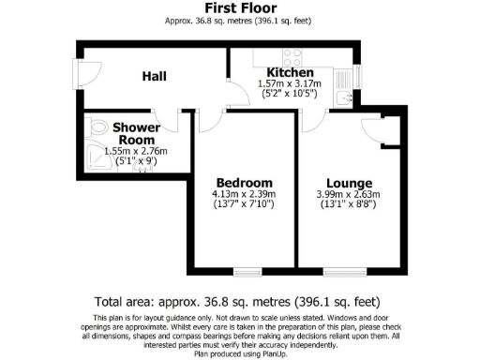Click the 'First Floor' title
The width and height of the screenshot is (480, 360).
239,7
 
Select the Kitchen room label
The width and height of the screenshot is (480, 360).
290,73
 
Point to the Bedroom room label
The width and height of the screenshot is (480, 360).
244,182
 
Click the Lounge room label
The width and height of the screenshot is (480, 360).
350,182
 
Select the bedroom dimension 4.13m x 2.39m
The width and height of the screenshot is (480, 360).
244,194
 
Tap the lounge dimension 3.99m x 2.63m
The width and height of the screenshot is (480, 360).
350,194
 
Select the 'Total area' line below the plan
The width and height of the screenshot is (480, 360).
239,302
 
